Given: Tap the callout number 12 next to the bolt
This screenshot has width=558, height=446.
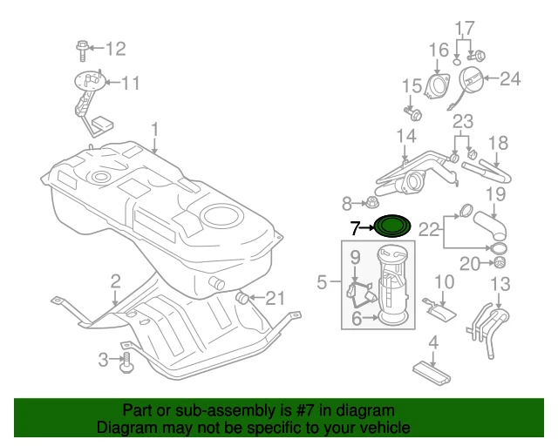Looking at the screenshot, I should point(116,48).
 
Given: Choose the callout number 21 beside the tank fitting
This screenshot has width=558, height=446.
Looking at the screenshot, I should point(275,299).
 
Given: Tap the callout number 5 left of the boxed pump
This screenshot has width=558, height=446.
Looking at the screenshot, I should point(322,282).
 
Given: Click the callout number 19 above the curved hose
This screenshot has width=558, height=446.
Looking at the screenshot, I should point(494,193).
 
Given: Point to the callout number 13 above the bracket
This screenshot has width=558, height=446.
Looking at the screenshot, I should point(500,283).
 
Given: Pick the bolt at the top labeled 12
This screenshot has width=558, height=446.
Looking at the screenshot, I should point(82,48).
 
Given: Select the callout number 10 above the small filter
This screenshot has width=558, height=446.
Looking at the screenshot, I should point(444,281).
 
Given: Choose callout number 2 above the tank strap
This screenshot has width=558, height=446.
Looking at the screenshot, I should point(114,280).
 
